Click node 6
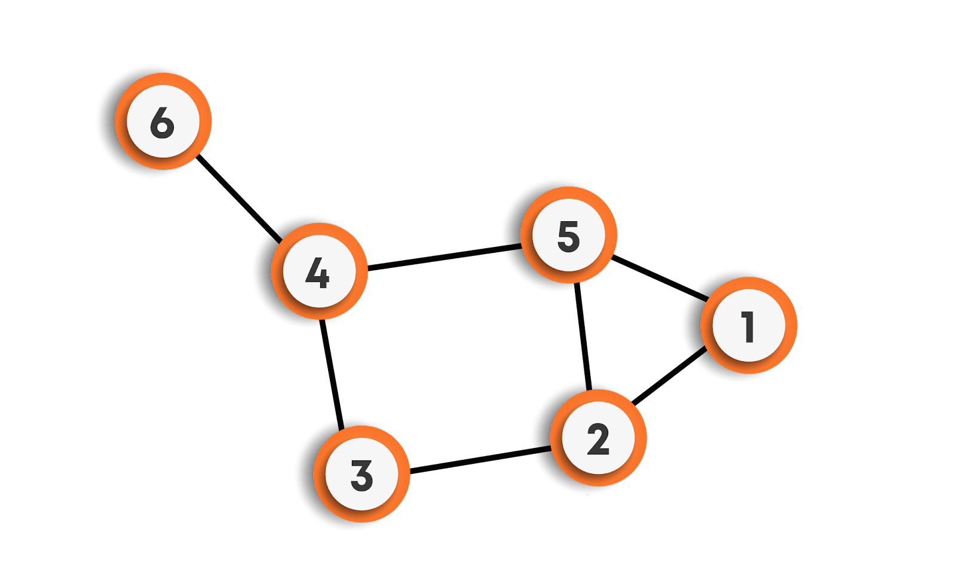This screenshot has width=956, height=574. point(163,121)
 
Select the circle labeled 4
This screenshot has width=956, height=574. point(318,272)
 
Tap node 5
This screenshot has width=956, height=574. point(568,234)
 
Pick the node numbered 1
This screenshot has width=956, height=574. point(748,326)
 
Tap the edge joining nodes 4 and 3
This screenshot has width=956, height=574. point(332,374)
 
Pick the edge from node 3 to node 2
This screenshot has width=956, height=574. point(480,459)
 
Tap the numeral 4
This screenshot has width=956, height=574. point(317,274)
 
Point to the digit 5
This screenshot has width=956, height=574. point(568,236)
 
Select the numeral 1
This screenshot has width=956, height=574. point(748,326)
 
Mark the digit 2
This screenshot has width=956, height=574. point(598,439)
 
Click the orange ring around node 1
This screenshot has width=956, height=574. point(790,326)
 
